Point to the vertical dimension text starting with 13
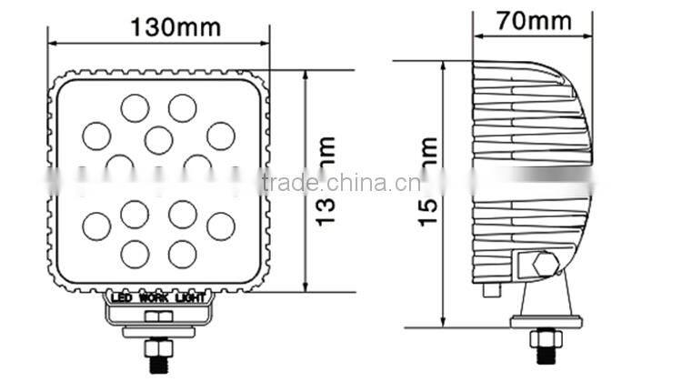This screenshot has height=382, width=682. tap(328, 180)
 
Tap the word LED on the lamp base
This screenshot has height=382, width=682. tap(120, 297)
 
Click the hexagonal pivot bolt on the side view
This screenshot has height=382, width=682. tap(544, 266)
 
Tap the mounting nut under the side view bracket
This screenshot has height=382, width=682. tap(543, 343)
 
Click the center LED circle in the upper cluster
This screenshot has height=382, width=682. tap(158, 139)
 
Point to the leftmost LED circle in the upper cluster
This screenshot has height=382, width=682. tap(95, 136)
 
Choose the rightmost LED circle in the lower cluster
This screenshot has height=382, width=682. tap(220, 224)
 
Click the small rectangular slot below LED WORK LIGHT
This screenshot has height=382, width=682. tap(159, 317)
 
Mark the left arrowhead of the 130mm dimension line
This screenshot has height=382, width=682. tap(52, 42)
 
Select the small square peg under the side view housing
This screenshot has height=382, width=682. tap(492, 288)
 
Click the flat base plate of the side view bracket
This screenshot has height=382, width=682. tap(543, 320)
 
